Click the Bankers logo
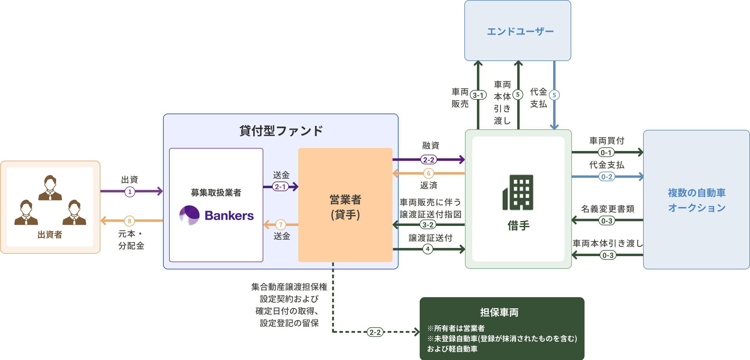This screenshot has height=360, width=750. point(216,215)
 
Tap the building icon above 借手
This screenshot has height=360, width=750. point(518,192)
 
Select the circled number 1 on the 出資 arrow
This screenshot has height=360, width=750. point(130,191)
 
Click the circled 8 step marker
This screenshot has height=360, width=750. point(130,221)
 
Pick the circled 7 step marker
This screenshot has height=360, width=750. point(281,225)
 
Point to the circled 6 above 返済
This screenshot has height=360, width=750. point(428,173)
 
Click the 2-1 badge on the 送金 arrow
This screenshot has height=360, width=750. point(280,187)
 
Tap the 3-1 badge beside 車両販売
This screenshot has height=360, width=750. point(478,95)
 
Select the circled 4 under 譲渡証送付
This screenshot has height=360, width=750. point(428,249)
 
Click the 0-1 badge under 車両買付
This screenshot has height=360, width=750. point(606,153)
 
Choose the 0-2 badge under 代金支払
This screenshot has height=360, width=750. point(607,177)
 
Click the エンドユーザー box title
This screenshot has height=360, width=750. point(520,31)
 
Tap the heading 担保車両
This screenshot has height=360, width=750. point(499,312)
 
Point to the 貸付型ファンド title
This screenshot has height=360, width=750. point(281,131)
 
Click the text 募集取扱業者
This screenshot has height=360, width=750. point(216,193)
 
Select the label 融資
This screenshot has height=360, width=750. point(431,146)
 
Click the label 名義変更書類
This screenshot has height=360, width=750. point(607,209)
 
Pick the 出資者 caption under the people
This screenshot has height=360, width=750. point(50,235)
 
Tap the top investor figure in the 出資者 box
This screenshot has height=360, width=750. point(50,188)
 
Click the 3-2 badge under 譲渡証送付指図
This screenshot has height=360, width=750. point(428,225)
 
